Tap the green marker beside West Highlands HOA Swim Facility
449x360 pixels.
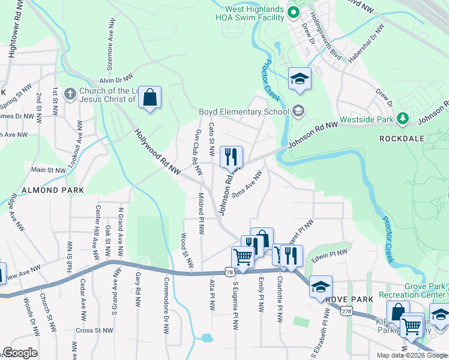point(293,12)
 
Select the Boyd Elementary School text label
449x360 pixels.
point(244,112)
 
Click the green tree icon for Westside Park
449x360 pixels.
point(403,119)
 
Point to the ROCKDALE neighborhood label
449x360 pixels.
point(402,139)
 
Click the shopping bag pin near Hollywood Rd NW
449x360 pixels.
point(150,98)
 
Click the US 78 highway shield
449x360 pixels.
point(230,272)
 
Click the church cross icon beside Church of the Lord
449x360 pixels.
point(70,94)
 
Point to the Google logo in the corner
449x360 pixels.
point(20,353)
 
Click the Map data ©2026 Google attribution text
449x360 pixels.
point(412,355)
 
